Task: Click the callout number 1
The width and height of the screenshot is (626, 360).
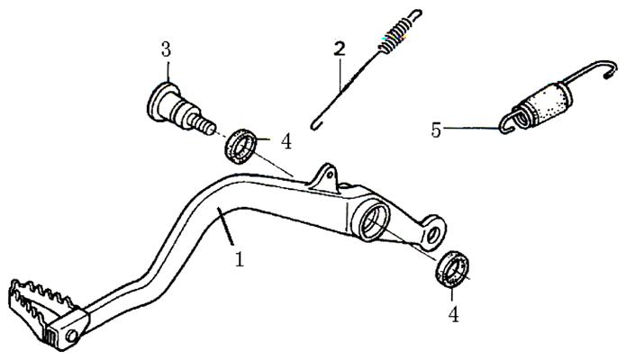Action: point(239,259)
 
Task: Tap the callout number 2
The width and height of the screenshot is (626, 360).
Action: point(340,49)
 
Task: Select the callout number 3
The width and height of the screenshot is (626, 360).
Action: point(166,49)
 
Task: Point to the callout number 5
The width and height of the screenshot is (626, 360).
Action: point(436,130)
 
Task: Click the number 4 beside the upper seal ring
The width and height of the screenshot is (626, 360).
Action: point(286,141)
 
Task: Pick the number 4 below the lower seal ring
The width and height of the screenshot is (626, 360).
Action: point(453,314)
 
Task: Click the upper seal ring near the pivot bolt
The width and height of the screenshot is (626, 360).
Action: point(240,145)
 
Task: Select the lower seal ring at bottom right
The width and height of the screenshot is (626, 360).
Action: point(453,268)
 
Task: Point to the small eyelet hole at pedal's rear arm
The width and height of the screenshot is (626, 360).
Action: point(432,234)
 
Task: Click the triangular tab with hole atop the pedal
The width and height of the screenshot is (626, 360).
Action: point(324,177)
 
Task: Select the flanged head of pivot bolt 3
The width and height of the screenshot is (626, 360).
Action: point(158,102)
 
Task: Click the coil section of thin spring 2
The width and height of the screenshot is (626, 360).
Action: point(394,35)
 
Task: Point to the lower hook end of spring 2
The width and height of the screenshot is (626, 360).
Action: point(315,125)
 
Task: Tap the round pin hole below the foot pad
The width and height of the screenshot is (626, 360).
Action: point(72,336)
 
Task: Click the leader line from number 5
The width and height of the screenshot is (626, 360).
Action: point(471,128)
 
